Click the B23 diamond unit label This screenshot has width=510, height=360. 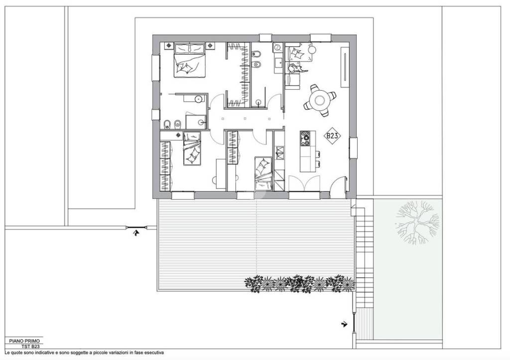[x=332, y=135]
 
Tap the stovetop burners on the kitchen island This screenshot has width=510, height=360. [x=305, y=139]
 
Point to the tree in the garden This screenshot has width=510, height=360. [x=417, y=222]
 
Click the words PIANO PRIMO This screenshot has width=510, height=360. [x=24, y=341]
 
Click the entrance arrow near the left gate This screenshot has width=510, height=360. [x=136, y=232]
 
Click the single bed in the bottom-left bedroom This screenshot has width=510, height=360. [x=192, y=148]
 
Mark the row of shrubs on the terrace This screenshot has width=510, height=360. [x=299, y=284]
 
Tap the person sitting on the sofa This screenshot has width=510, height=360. [x=295, y=68]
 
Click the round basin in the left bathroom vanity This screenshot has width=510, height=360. [x=197, y=99]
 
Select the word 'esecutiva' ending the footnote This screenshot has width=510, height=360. [x=156, y=353]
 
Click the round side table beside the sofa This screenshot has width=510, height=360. [x=312, y=49]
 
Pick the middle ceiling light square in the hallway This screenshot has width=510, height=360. [x=245, y=119]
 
